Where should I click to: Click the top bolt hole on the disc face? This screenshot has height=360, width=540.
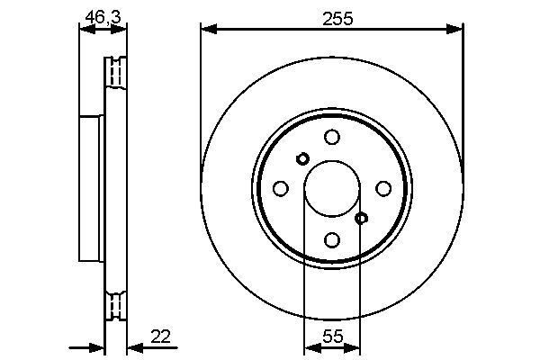332,137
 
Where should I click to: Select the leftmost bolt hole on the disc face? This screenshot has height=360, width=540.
280,188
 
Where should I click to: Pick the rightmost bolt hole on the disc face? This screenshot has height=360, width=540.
383,188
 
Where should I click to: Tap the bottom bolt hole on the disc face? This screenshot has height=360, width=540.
332,239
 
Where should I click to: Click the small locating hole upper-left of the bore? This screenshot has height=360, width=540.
302,158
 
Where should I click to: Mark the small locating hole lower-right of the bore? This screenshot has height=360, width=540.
362,218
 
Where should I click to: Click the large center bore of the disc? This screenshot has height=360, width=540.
332,188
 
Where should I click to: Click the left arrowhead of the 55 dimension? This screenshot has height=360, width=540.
311,348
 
